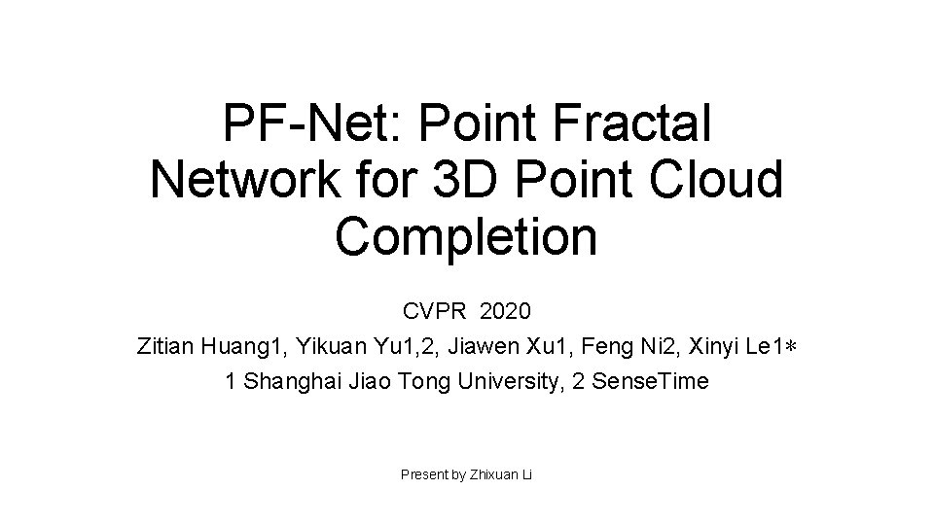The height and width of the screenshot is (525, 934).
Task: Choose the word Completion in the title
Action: tap(466, 237)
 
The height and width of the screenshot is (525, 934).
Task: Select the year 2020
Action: tap(506, 312)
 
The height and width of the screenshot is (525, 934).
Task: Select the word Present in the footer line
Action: tap(421, 474)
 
